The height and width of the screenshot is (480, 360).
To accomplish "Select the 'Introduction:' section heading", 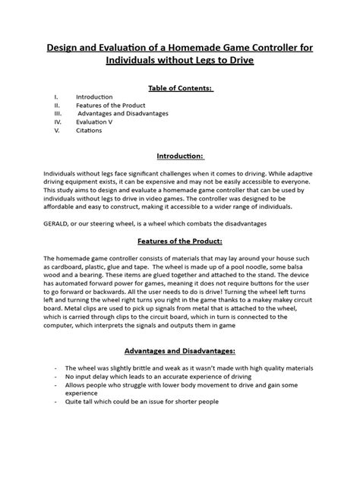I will point(179,156).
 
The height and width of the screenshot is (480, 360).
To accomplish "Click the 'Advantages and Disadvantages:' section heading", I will point(179,352).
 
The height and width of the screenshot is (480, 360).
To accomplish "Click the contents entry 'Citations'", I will point(90,130).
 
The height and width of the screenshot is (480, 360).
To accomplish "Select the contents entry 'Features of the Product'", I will point(107,106).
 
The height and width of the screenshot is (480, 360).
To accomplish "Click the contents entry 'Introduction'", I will point(94,97).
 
